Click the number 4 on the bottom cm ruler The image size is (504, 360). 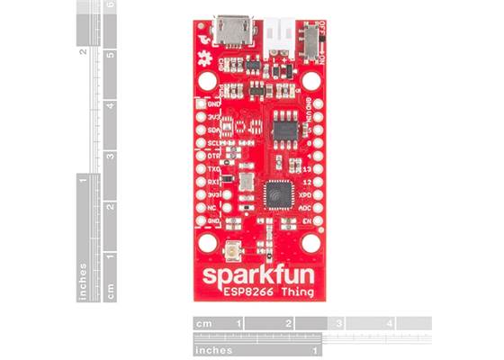tap(389, 322)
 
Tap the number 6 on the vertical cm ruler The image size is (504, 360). tap(110, 5)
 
